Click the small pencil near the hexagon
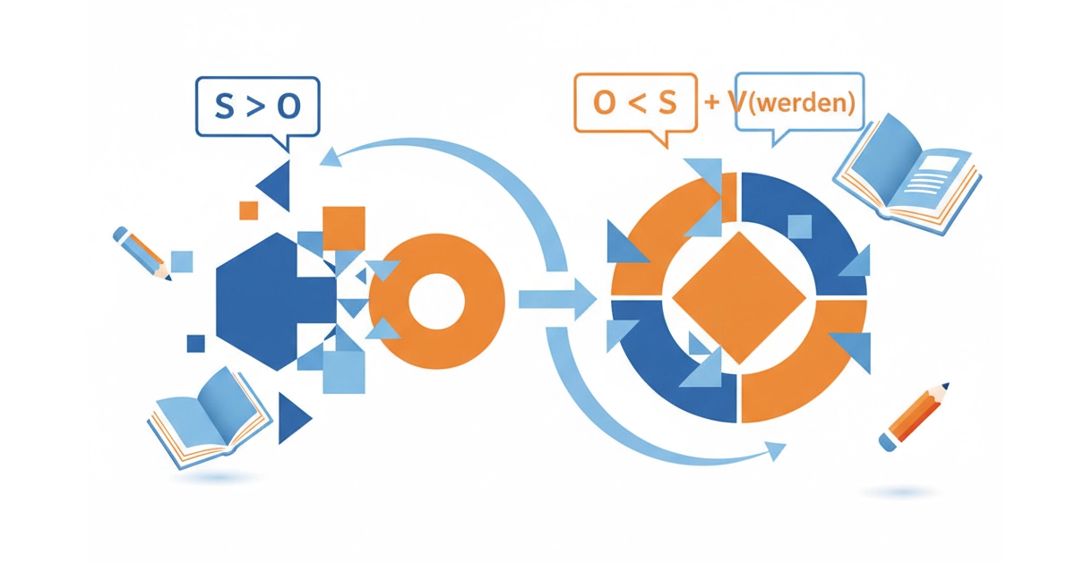click(x=142, y=252)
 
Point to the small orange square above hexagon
click(x=248, y=210)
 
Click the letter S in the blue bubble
click(x=224, y=107)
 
